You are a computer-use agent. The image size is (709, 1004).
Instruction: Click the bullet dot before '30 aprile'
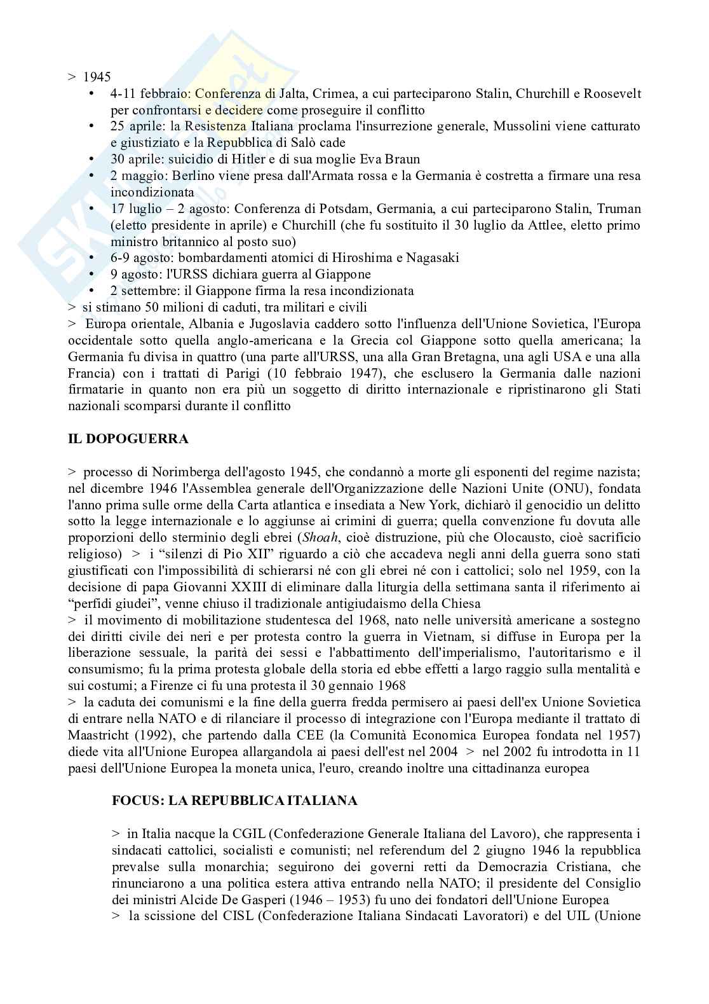coord(93,159)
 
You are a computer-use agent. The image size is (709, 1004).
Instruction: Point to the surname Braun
coord(403,159)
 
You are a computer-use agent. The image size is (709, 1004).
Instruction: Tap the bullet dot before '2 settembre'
coord(93,291)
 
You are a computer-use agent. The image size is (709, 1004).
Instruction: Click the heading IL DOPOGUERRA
coord(128,439)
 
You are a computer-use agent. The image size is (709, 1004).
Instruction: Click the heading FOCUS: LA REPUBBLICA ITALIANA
coord(234,801)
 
